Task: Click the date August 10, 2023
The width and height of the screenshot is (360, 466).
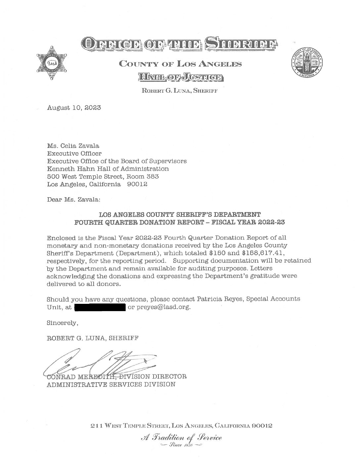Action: (x=74, y=108)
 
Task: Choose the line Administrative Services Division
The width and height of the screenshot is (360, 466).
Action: (x=111, y=384)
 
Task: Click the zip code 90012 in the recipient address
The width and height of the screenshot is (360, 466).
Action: (x=137, y=184)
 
